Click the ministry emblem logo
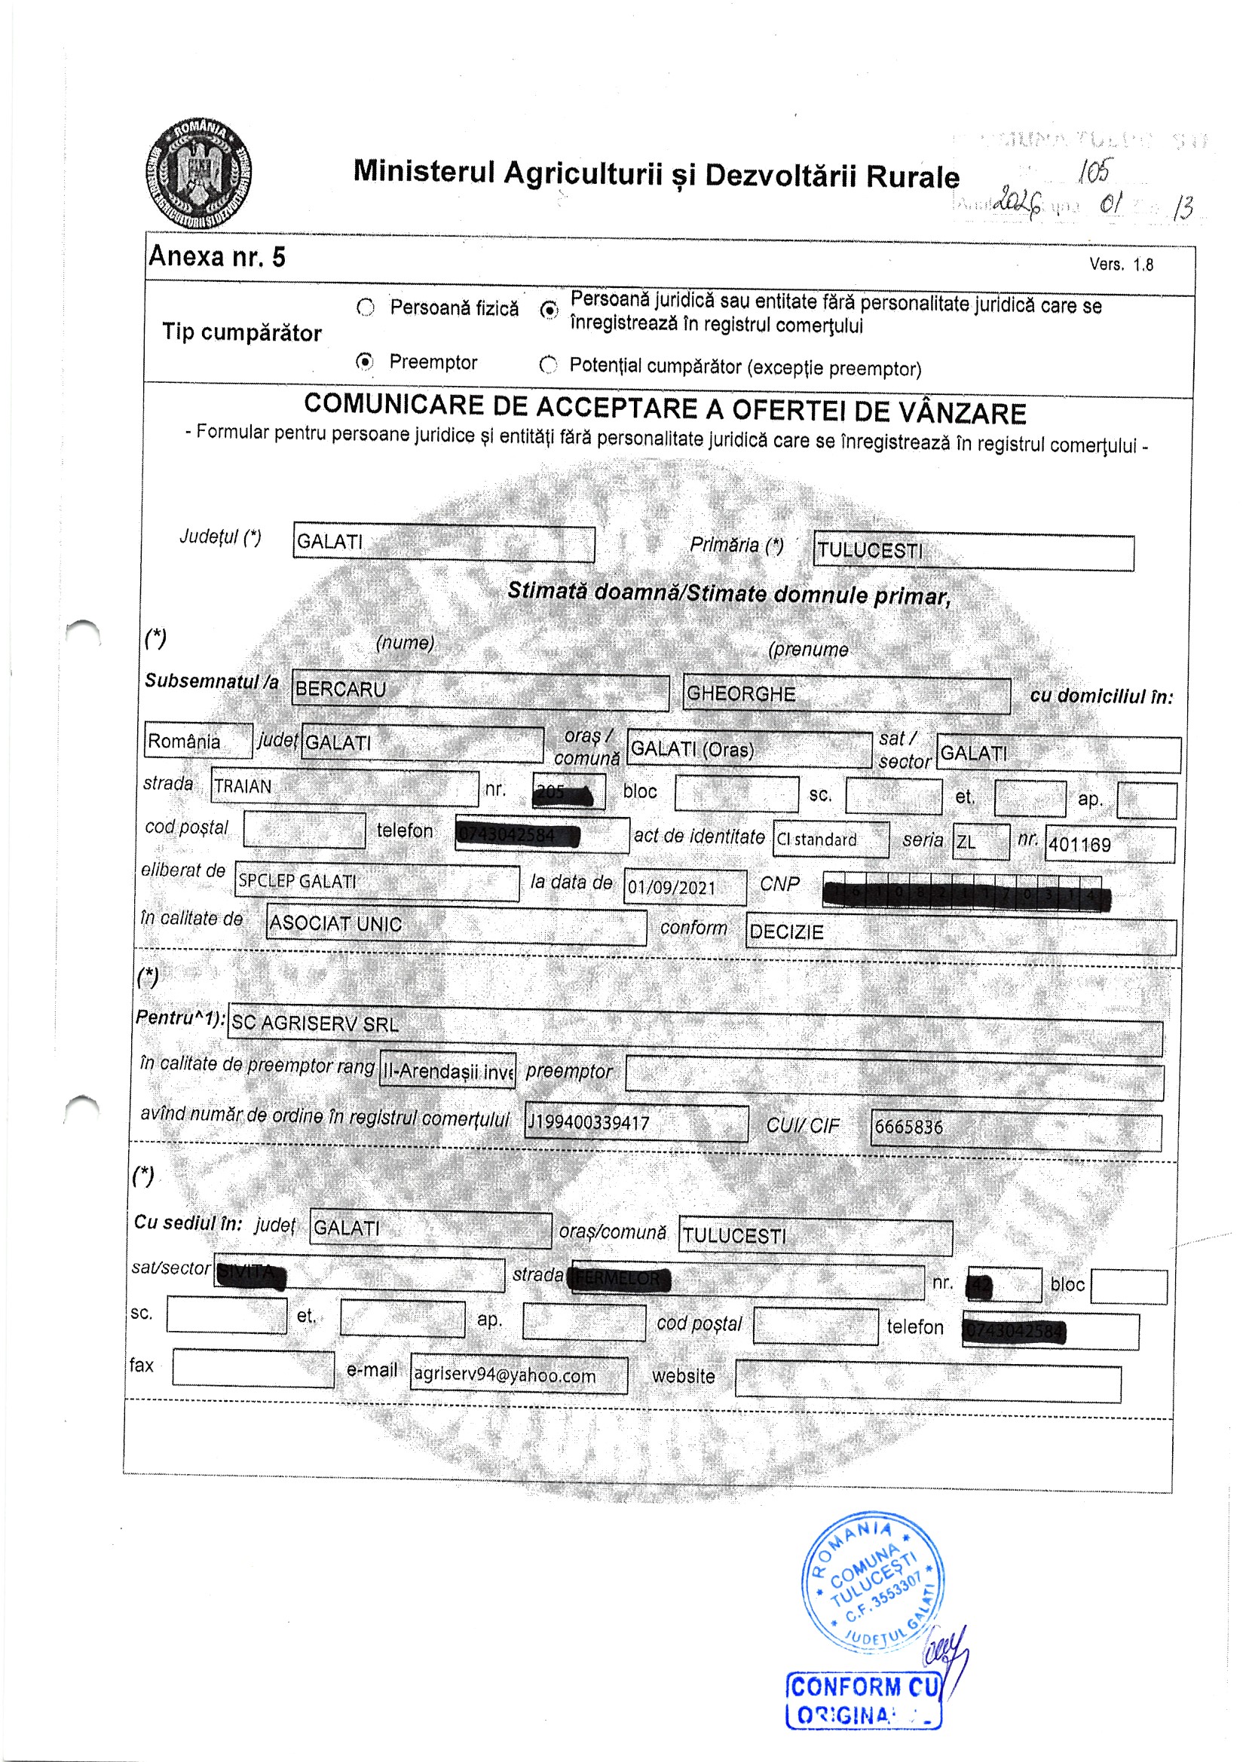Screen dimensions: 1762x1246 [x=199, y=173]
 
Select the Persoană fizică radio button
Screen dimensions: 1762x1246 [x=366, y=307]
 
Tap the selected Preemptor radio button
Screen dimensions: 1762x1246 [x=366, y=361]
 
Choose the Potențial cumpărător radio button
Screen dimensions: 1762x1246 [x=548, y=366]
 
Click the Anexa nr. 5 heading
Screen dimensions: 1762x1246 [x=216, y=256]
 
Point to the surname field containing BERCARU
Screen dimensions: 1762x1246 [x=480, y=690]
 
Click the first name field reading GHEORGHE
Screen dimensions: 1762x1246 [x=846, y=695]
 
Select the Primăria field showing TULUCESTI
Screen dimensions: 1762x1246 [x=972, y=552]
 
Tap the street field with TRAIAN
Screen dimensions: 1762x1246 [x=344, y=787]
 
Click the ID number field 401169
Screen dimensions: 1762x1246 [x=1109, y=844]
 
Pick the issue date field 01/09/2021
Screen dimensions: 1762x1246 [x=684, y=887]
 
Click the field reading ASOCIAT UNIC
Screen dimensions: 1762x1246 [x=456, y=924]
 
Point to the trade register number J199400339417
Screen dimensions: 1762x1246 [x=635, y=1123]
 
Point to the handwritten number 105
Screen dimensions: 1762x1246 [x=1093, y=171]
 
